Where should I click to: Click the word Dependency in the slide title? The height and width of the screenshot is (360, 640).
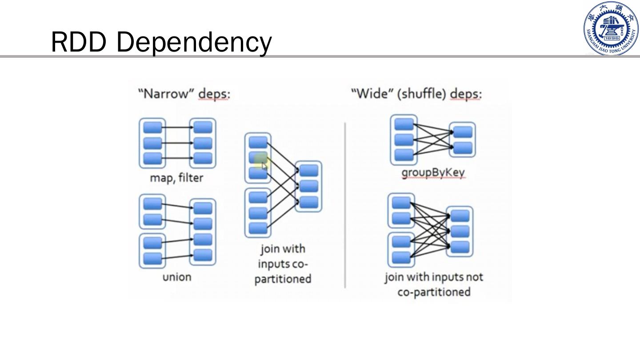click(194, 42)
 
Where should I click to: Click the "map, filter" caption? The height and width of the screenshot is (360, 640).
click(176, 178)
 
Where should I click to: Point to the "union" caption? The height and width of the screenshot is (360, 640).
click(176, 277)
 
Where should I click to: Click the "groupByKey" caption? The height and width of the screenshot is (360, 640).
click(433, 172)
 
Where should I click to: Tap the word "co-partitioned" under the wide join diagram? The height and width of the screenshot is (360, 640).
click(433, 292)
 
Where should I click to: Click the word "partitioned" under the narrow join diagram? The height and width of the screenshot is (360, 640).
click(283, 279)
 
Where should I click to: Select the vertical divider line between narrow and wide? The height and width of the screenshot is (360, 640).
click(345, 204)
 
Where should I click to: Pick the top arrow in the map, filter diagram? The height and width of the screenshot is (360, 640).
click(177, 128)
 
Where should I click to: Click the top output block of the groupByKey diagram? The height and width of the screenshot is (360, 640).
click(463, 132)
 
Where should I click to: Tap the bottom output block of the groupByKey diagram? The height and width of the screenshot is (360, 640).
click(463, 148)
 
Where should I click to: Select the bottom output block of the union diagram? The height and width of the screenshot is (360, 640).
click(203, 255)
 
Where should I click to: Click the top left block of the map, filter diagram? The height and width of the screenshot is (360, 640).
click(152, 128)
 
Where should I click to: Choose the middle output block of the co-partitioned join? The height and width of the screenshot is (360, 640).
click(309, 186)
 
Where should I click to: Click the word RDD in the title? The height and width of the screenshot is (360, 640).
click(79, 42)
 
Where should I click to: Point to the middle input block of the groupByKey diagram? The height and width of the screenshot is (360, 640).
click(404, 140)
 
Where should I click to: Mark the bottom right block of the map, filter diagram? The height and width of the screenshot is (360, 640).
click(203, 158)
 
